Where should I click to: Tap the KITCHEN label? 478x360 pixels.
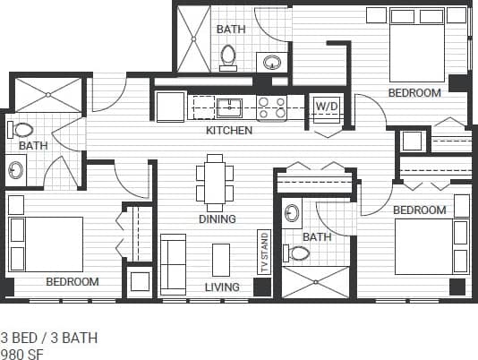click(x=229, y=131)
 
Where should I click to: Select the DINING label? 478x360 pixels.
click(x=217, y=219)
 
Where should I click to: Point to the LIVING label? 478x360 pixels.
click(x=221, y=287)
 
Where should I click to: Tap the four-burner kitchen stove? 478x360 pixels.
click(x=271, y=108)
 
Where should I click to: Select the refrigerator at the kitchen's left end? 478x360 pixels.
click(x=170, y=107)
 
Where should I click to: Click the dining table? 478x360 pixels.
click(x=215, y=182)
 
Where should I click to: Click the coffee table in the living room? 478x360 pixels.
click(x=221, y=260)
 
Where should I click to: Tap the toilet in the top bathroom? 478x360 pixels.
click(x=228, y=57)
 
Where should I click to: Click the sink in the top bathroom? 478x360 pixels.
click(x=270, y=62)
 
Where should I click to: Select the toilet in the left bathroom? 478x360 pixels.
click(x=22, y=130)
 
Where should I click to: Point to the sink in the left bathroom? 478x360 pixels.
click(x=16, y=168)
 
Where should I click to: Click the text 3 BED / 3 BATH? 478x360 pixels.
click(x=49, y=338)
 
